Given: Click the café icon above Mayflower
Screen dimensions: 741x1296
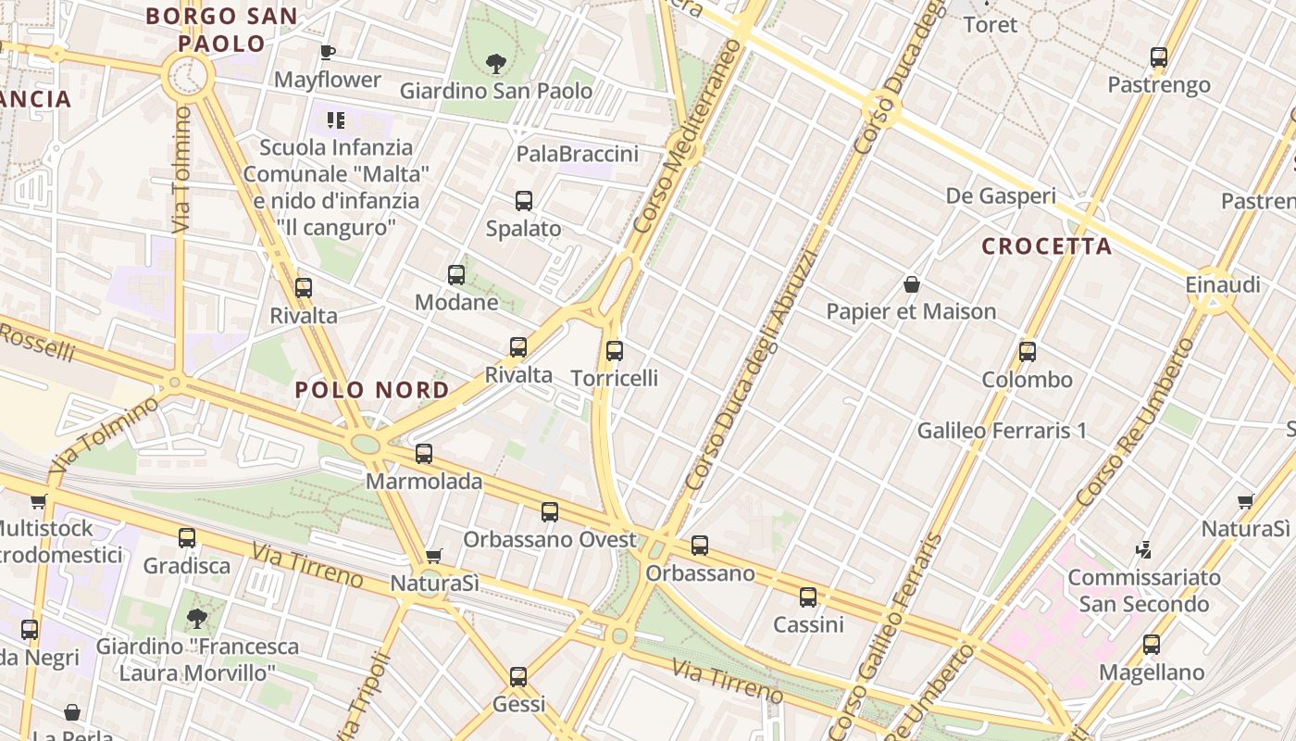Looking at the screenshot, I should (x=327, y=52).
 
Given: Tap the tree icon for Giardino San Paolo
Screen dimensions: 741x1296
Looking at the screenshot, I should (x=496, y=64).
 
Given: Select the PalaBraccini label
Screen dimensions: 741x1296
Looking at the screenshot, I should (x=578, y=154).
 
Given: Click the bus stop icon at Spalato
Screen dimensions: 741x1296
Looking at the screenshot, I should (x=524, y=201).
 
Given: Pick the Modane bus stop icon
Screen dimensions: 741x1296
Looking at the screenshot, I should (x=456, y=275).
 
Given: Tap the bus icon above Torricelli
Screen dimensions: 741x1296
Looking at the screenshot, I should (x=615, y=351).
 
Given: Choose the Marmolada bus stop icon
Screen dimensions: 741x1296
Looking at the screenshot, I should (x=424, y=454).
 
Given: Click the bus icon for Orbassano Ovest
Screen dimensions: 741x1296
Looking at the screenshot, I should (x=550, y=512).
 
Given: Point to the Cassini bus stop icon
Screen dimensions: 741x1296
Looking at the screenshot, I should (x=808, y=597).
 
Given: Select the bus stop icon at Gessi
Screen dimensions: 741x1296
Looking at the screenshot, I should (x=518, y=677).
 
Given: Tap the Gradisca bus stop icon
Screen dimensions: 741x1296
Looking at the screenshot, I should (x=187, y=538).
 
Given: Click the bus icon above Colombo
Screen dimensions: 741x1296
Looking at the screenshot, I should (x=1027, y=352).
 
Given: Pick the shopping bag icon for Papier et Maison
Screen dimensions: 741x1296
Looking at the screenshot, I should (x=912, y=284).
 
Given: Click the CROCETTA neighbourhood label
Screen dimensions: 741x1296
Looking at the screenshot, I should (x=1047, y=246).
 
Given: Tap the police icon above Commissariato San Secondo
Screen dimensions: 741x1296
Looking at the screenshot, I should (x=1143, y=550).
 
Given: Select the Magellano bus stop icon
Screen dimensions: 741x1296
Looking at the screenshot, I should (x=1152, y=645).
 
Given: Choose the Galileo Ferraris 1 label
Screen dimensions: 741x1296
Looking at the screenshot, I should (x=1002, y=431).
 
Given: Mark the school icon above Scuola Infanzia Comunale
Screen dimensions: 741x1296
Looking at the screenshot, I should (x=335, y=120).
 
